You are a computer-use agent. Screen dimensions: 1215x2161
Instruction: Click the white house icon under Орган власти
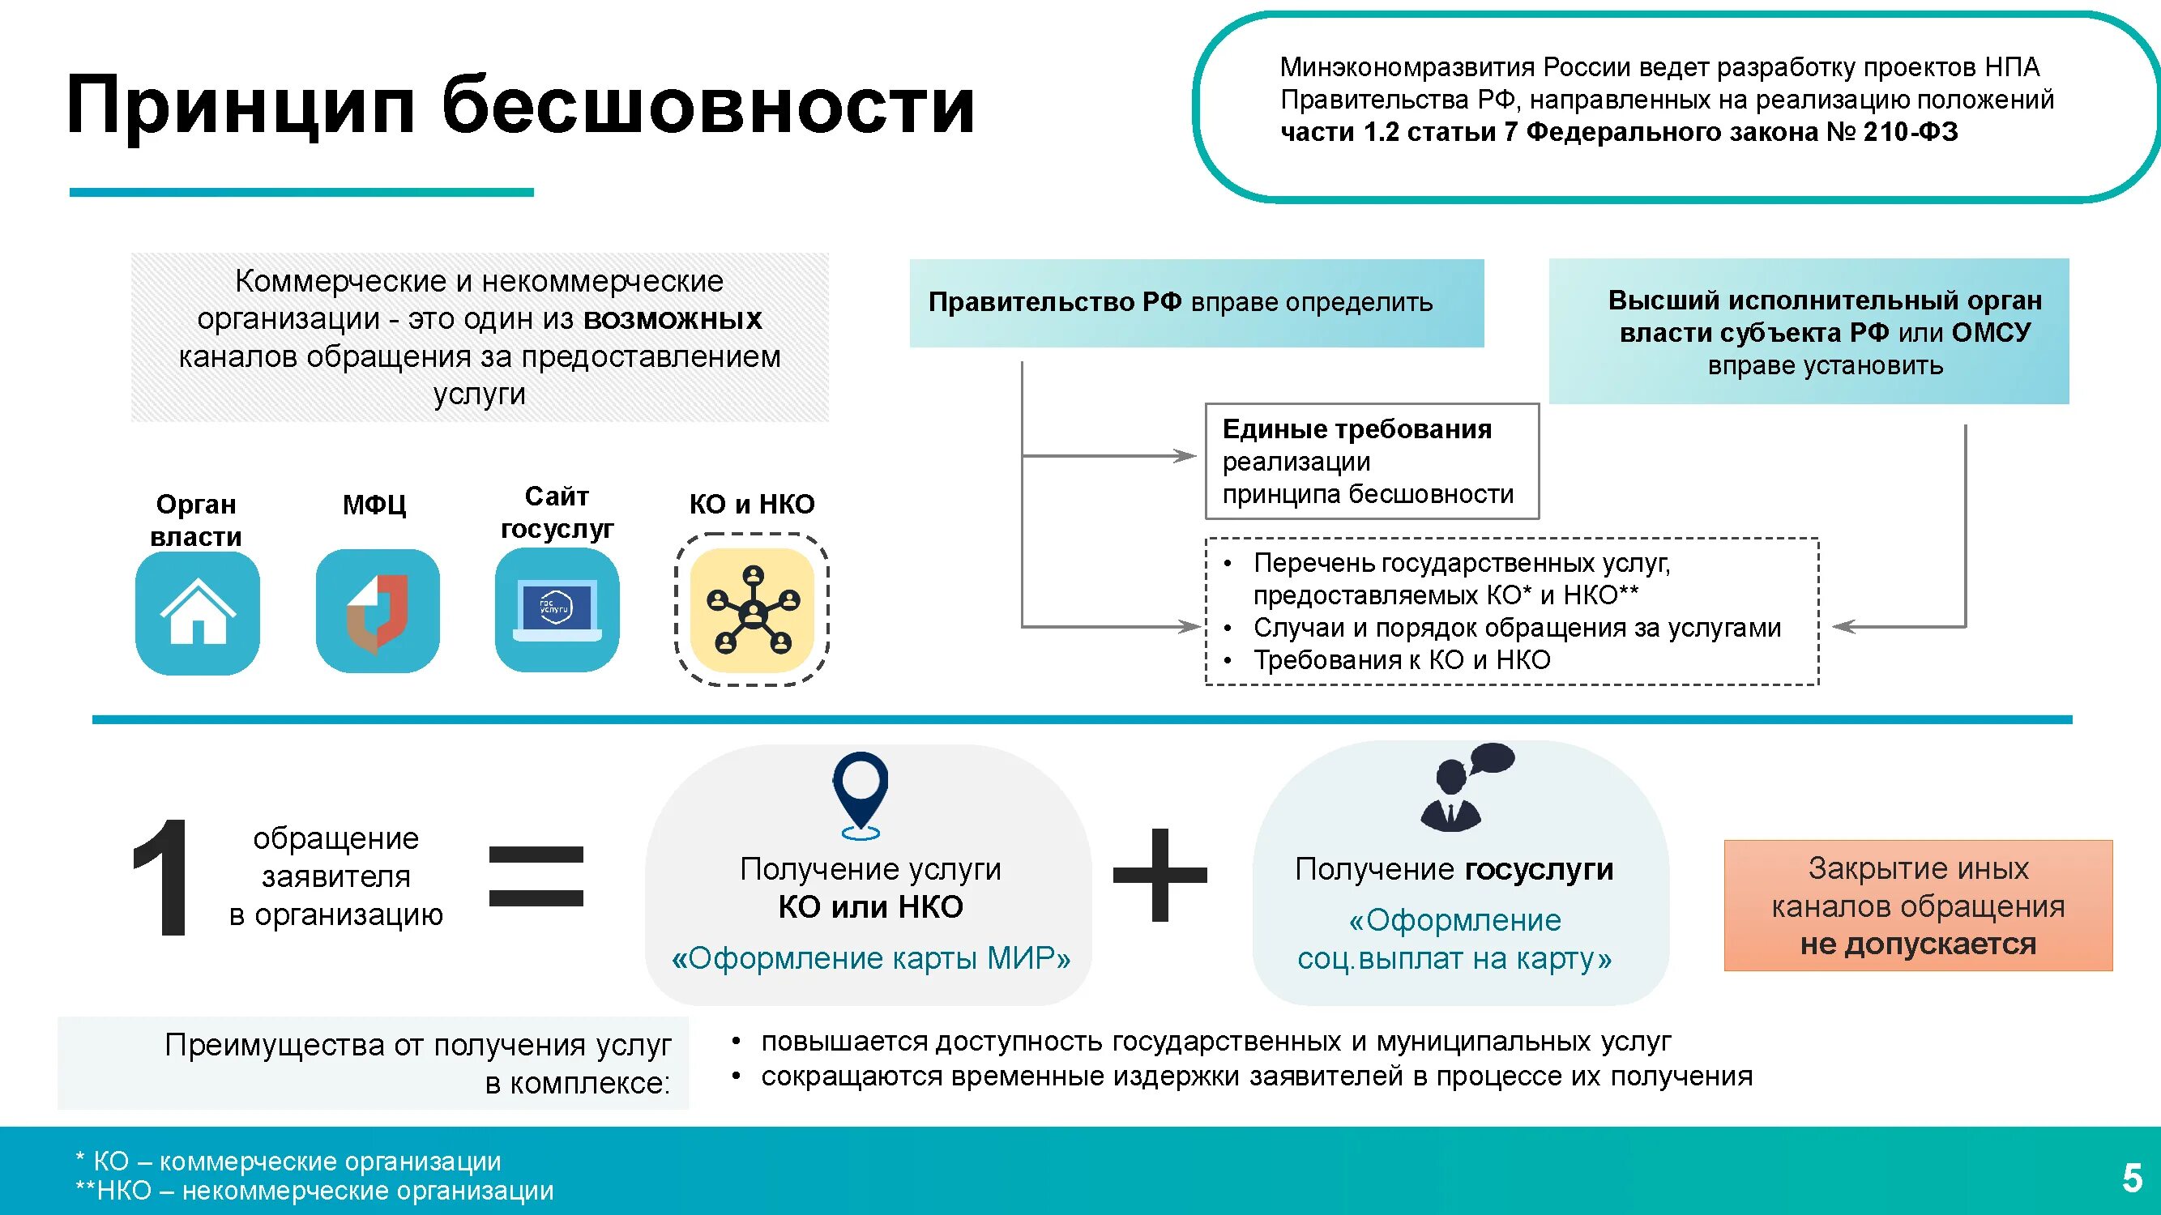pos(197,612)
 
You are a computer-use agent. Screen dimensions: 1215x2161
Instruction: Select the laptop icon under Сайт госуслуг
pos(557,611)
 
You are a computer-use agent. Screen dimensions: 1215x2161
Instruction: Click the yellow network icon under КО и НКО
pos(753,611)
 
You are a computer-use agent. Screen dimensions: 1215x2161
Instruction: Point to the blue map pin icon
pos(861,792)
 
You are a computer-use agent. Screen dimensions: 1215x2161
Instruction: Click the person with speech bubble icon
pos(1465,787)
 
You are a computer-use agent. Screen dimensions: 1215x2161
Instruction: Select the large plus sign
pos(1160,875)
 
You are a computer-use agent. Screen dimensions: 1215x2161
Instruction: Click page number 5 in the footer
pos(2132,1178)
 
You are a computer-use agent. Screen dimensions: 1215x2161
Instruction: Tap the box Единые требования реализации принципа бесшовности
pos(1372,461)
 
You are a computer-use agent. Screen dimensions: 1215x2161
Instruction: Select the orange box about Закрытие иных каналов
pos(1918,906)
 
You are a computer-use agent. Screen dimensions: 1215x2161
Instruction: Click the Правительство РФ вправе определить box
pos(1196,303)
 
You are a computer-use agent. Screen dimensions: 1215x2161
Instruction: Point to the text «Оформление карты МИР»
pos(871,957)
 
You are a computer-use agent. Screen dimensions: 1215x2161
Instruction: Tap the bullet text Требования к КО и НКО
pos(1402,660)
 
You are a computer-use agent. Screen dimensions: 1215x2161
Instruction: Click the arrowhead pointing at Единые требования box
pos(1186,456)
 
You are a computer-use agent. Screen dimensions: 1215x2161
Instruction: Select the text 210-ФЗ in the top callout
pos(1911,132)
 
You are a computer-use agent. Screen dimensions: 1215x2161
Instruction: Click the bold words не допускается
pos(1918,944)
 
